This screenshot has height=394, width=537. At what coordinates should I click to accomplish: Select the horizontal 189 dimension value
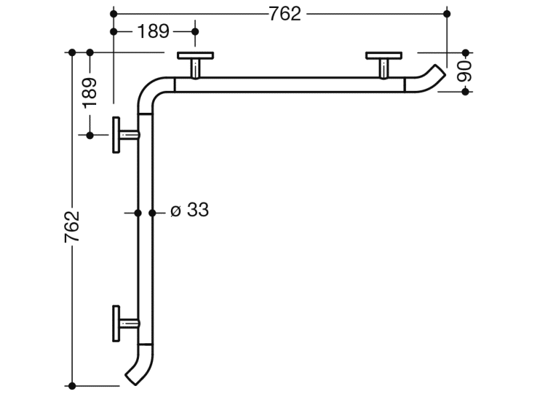click(154, 31)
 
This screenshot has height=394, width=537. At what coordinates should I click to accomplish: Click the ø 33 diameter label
click(190, 210)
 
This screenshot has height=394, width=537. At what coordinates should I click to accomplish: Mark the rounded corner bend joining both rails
click(150, 90)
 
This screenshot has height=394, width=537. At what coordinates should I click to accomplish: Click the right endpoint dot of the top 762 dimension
click(447, 13)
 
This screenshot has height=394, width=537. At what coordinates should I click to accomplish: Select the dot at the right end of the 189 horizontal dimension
click(195, 31)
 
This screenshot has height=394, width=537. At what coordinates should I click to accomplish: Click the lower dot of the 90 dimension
click(466, 91)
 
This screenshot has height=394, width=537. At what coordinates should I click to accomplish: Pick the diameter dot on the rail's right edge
click(153, 213)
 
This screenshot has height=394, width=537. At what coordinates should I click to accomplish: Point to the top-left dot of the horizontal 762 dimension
click(114, 13)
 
